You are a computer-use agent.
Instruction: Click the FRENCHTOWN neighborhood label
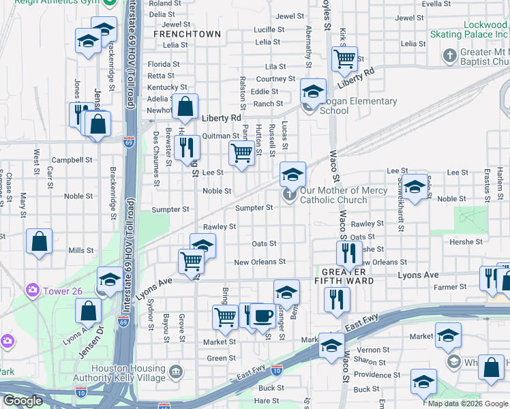[x=187, y=34]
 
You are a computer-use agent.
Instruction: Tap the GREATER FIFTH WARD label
[x=345, y=275]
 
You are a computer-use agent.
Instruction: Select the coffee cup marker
[x=262, y=316]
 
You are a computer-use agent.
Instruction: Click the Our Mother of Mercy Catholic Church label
[x=333, y=196]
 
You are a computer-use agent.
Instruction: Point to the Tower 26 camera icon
[x=32, y=291]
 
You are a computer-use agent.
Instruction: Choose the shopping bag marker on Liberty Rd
[x=185, y=106]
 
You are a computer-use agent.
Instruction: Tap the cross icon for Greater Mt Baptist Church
[x=449, y=55]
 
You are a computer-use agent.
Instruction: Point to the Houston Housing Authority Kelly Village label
[x=129, y=374]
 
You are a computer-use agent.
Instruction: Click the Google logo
[x=22, y=401]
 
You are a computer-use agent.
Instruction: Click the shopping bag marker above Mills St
[x=40, y=241]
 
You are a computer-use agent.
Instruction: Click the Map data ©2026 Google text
[x=467, y=404]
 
